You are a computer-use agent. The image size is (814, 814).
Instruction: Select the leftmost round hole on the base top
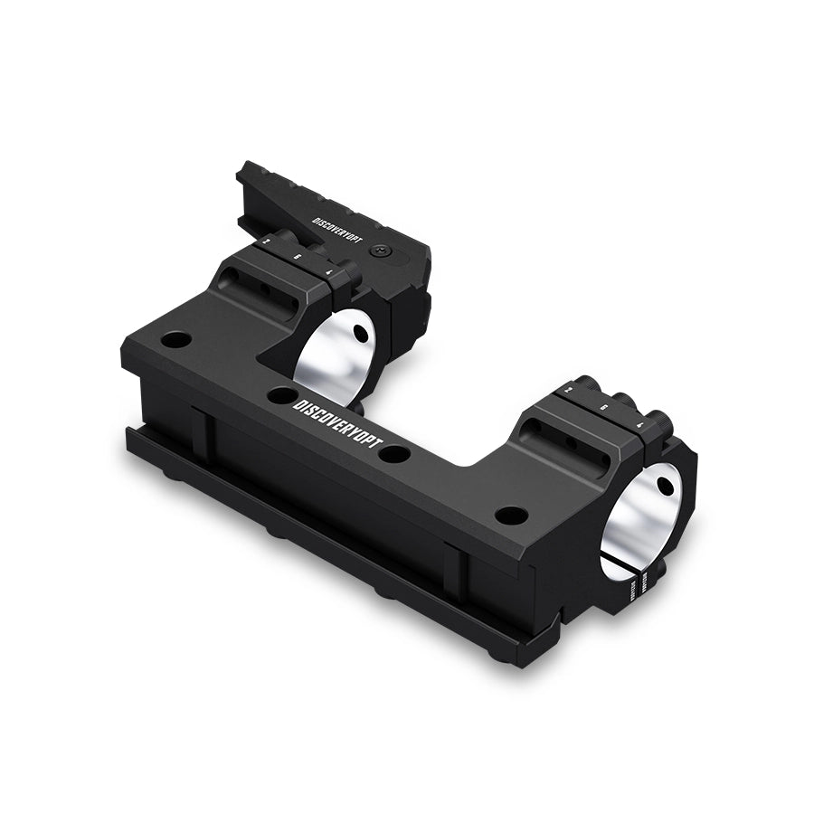click(176, 341)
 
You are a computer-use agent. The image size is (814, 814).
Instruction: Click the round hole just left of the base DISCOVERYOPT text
click(282, 395)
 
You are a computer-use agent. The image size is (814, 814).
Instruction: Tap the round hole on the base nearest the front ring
click(512, 516)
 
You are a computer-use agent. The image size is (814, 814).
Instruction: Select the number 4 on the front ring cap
click(639, 421)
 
